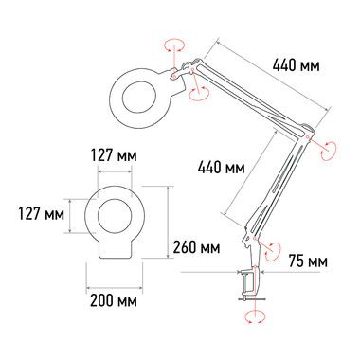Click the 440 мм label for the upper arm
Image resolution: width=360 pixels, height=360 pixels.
click(x=296, y=65)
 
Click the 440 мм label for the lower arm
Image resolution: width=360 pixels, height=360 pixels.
click(x=221, y=168)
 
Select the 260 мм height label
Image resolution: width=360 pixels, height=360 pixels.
click(x=196, y=247)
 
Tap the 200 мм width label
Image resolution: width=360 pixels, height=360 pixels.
click(x=114, y=300)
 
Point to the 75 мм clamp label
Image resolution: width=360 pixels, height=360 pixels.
click(x=308, y=261)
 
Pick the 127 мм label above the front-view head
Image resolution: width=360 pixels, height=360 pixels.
click(x=114, y=155)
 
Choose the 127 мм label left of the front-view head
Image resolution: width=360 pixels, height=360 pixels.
click(x=41, y=214)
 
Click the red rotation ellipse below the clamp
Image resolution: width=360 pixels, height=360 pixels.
click(x=255, y=316)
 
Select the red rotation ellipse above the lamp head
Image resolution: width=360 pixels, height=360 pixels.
click(x=174, y=45)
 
